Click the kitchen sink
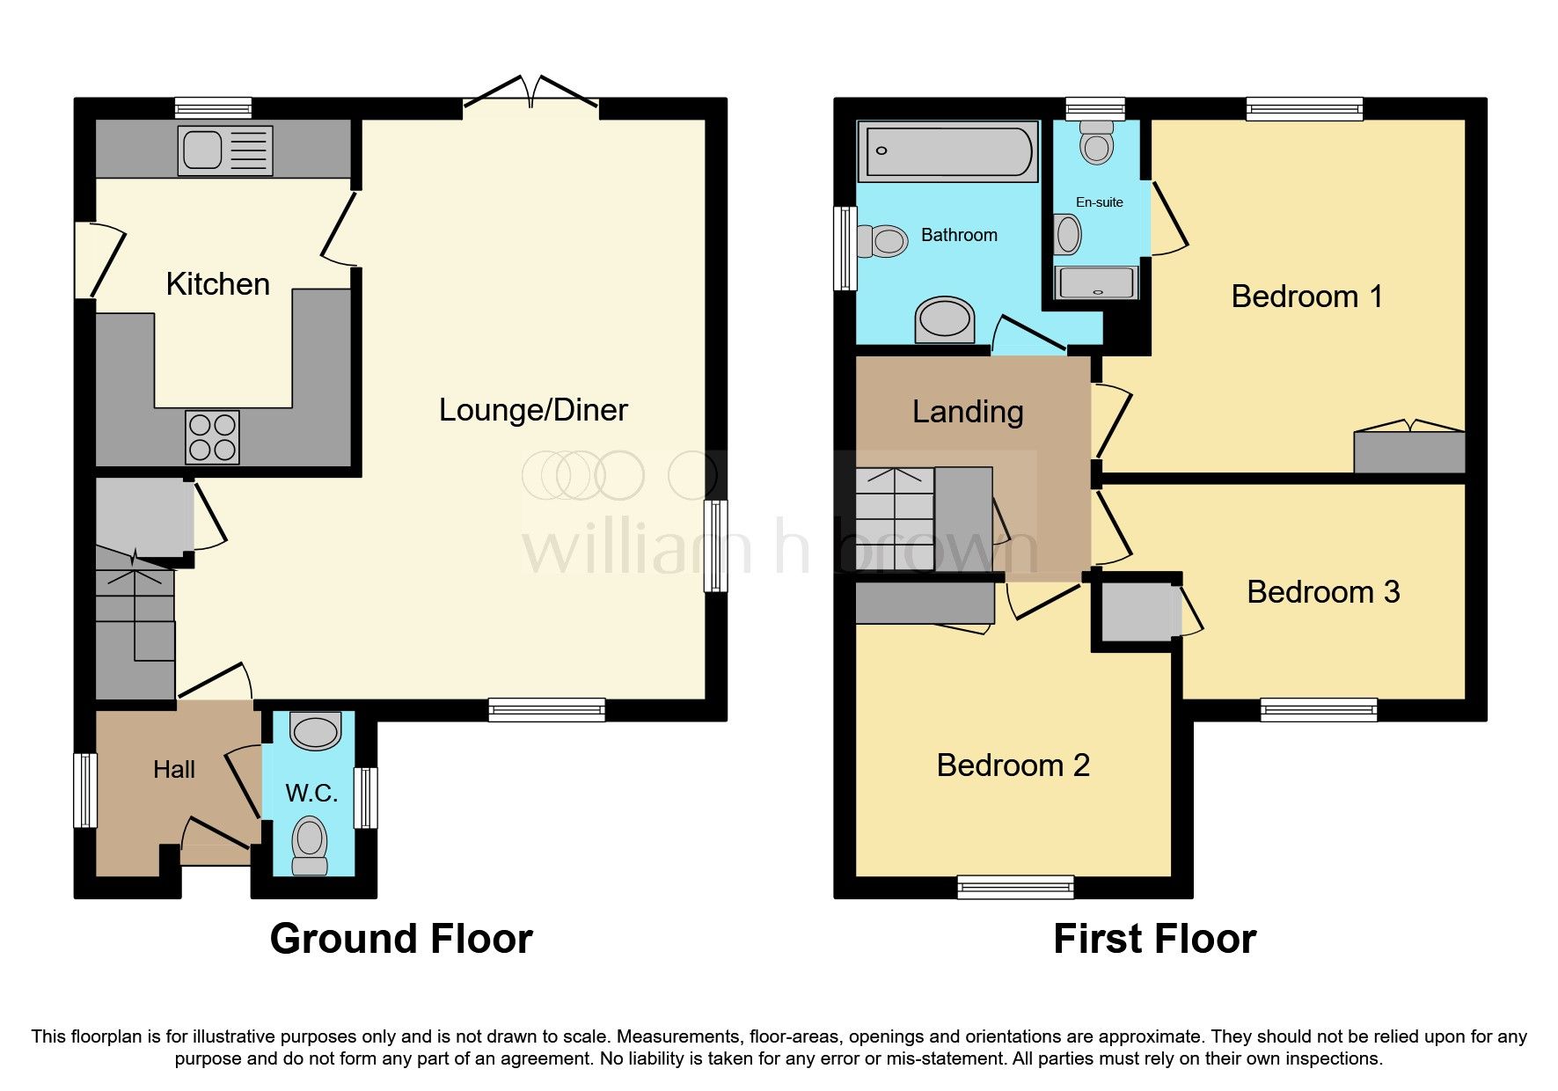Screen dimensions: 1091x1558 pyautogui.click(x=224, y=150)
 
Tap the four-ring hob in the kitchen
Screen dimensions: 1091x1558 pyautogui.click(x=212, y=437)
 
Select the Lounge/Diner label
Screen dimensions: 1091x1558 pyautogui.click(x=533, y=410)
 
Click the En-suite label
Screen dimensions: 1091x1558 pyautogui.click(x=1099, y=202)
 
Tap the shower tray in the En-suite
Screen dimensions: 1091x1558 pyautogui.click(x=1097, y=282)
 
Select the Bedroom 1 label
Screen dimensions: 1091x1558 pyautogui.click(x=1306, y=297)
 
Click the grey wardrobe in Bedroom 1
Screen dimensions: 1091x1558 pyautogui.click(x=1408, y=451)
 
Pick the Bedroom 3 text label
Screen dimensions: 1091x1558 pyautogui.click(x=1322, y=592)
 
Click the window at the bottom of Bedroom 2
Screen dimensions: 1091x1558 pyautogui.click(x=1015, y=886)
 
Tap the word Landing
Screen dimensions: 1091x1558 pyautogui.click(x=968, y=412)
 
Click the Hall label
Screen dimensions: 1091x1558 pyautogui.click(x=174, y=770)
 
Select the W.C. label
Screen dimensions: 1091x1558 pyautogui.click(x=311, y=794)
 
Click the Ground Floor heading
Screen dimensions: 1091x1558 pyautogui.click(x=401, y=939)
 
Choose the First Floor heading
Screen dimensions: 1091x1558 pyautogui.click(x=1154, y=939)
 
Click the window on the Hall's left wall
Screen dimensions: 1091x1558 pyautogui.click(x=85, y=789)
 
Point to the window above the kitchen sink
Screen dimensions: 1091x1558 pyautogui.click(x=213, y=108)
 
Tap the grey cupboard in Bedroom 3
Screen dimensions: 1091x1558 pyautogui.click(x=1136, y=612)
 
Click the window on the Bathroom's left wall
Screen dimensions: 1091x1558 pyautogui.click(x=845, y=248)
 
